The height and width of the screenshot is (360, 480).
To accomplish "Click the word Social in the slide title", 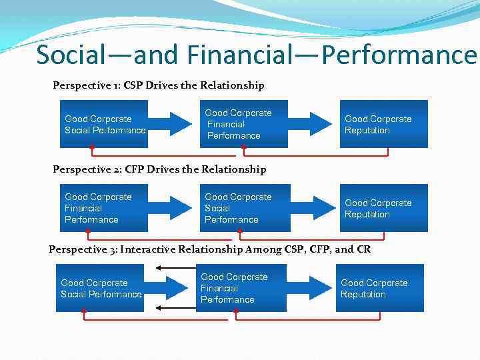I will pos(74,55).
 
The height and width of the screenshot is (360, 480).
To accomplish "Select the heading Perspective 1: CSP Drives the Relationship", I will pos(159,85).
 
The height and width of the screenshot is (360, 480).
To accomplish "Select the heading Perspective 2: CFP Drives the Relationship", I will pos(159,169).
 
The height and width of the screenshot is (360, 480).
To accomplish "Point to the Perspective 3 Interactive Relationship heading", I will pos(209,249).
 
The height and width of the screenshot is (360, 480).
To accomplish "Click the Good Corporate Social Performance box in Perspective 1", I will pos(103,124).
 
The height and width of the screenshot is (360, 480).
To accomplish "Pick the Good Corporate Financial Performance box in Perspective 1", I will pos(243,124).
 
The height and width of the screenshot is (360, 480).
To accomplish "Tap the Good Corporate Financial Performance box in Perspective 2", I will pos(103,208).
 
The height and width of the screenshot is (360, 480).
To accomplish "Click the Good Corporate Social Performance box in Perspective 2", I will pos(243,208).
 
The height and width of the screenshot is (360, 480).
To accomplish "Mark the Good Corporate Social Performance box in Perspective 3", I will pos(100,288).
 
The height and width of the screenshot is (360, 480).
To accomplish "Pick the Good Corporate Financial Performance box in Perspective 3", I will pos(239,288).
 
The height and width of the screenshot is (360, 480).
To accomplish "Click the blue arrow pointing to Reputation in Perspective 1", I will pos(313,124).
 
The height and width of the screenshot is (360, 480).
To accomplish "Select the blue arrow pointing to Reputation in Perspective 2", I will pos(313,208).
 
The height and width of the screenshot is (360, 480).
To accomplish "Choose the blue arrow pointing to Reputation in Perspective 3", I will pos(310,288).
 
